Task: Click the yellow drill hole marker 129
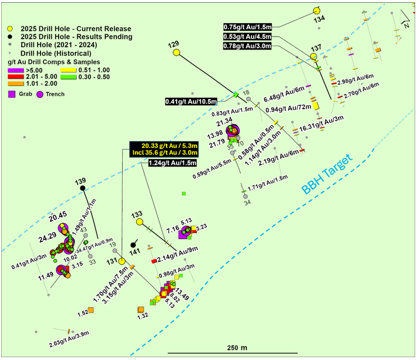click(x=176, y=52)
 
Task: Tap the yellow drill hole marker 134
click(x=316, y=11)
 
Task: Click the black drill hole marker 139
click(x=83, y=188)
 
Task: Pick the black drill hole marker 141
click(x=133, y=245)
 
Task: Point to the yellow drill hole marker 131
click(x=122, y=260)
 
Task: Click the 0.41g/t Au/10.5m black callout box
click(x=191, y=101)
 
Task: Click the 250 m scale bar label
click(x=237, y=348)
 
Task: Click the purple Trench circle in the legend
click(x=40, y=94)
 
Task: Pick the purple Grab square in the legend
click(x=12, y=94)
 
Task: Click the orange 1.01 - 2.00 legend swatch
click(x=12, y=84)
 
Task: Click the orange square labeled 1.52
click(x=91, y=310)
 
